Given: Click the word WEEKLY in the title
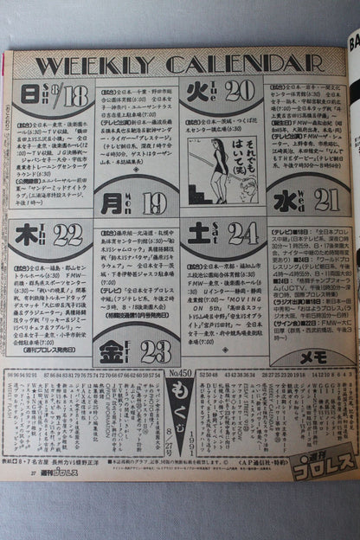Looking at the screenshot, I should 97,67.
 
